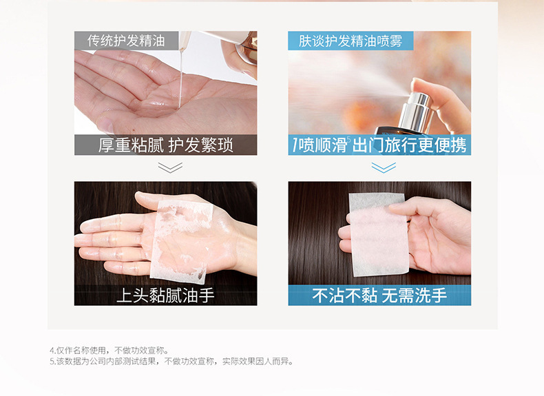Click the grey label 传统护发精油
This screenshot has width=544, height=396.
[x=126, y=41]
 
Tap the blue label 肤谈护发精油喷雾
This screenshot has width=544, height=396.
[x=351, y=41]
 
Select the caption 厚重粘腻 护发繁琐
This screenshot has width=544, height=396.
[x=165, y=145]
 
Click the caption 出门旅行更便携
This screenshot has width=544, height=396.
[x=410, y=145]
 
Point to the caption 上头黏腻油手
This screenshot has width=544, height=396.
[x=165, y=295]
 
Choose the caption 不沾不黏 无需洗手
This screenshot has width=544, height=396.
[x=379, y=295]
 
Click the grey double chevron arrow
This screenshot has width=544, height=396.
[x=170, y=167]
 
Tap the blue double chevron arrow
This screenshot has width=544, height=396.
[x=384, y=167]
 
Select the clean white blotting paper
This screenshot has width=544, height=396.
[x=379, y=235]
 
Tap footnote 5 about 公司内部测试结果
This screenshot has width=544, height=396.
[x=171, y=362]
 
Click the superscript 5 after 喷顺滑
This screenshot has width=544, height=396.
[x=348, y=140]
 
